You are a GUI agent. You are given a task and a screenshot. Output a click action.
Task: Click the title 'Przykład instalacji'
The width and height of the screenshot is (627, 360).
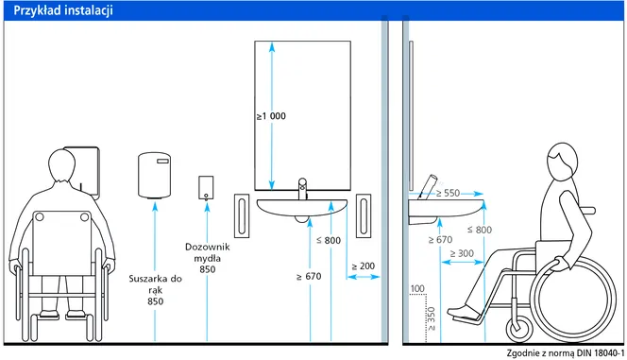(x=63, y=10)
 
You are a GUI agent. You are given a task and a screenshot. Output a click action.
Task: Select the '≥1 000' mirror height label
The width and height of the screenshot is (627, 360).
(x=271, y=116)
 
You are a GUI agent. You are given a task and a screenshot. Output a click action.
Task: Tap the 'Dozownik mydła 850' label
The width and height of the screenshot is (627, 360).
(x=208, y=258)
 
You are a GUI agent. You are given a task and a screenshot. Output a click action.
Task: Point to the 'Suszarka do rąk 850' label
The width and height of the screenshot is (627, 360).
(x=155, y=289)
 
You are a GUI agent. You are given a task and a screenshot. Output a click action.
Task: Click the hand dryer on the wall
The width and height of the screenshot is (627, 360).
(x=154, y=175)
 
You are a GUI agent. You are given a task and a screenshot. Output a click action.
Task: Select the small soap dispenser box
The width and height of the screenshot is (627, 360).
(x=206, y=188)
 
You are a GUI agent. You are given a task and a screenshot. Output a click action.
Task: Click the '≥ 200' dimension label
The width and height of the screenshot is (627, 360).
(x=364, y=266)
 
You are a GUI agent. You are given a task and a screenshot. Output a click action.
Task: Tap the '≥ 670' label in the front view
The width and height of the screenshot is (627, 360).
(x=309, y=277)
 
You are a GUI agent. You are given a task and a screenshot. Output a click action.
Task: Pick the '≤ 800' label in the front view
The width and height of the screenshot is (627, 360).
(x=329, y=240)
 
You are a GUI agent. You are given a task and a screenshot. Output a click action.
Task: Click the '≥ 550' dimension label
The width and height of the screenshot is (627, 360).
(x=448, y=193)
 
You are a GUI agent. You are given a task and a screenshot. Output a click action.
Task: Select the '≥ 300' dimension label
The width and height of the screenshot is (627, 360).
(x=462, y=253)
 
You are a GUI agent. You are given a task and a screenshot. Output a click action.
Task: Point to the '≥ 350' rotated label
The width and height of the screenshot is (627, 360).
(x=431, y=318)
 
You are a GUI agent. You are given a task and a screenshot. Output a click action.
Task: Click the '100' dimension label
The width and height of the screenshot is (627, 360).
(x=417, y=288)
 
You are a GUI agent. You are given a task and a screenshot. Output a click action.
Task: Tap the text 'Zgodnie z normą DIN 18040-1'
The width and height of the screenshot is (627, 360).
(x=566, y=353)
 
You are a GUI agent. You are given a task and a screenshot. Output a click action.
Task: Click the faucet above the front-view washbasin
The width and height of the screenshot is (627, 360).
(x=303, y=189)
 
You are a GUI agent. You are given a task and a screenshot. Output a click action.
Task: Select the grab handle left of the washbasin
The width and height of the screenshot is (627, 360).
(x=242, y=216)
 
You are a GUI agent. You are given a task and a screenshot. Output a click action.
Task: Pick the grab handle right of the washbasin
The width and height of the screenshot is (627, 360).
(x=364, y=216)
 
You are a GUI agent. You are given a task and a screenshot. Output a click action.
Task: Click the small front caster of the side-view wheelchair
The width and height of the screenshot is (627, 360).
(x=519, y=328)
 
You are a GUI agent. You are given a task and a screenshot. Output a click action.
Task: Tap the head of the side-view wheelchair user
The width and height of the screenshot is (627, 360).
(x=562, y=160)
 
